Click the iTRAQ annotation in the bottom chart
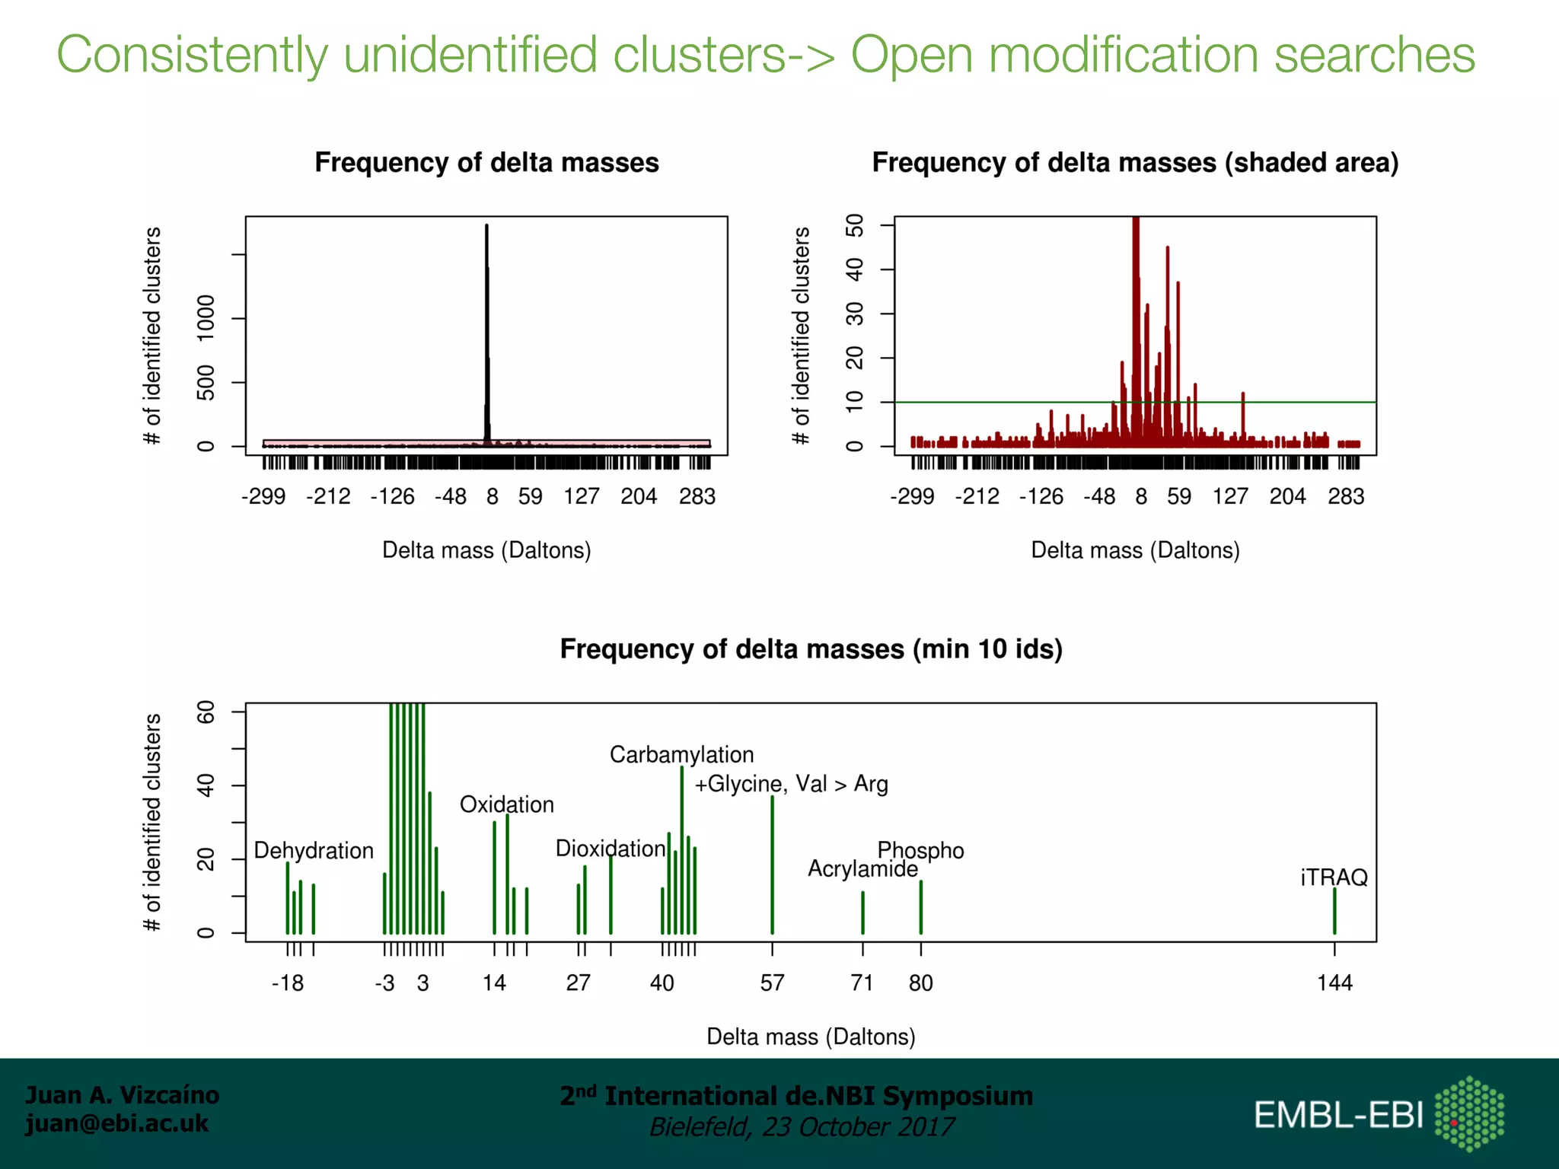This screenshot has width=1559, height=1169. pos(1334,878)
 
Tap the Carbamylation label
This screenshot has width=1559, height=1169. pos(681,754)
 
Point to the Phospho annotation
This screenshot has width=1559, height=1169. pos(920,850)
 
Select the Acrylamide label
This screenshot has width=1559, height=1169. pos(862,869)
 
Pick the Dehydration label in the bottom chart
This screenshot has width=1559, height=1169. pos(314,850)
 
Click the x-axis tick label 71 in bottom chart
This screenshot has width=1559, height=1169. pos(862,983)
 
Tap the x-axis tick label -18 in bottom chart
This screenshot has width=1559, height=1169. pos(288,983)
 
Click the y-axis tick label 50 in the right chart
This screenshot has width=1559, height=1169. pos(855,225)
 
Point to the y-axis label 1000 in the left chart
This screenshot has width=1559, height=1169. pos(206,317)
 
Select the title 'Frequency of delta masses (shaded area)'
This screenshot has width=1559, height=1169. pos(1135,163)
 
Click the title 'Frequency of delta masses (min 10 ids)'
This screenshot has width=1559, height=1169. pos(811,648)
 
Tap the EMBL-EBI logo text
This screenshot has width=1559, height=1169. pos(1338,1115)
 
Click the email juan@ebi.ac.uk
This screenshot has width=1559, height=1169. pos(116,1123)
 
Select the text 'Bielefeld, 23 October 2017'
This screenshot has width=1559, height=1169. pos(801,1126)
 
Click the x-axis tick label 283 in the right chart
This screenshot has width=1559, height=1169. pos(1346,496)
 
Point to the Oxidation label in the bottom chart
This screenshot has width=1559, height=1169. pos(506,804)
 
